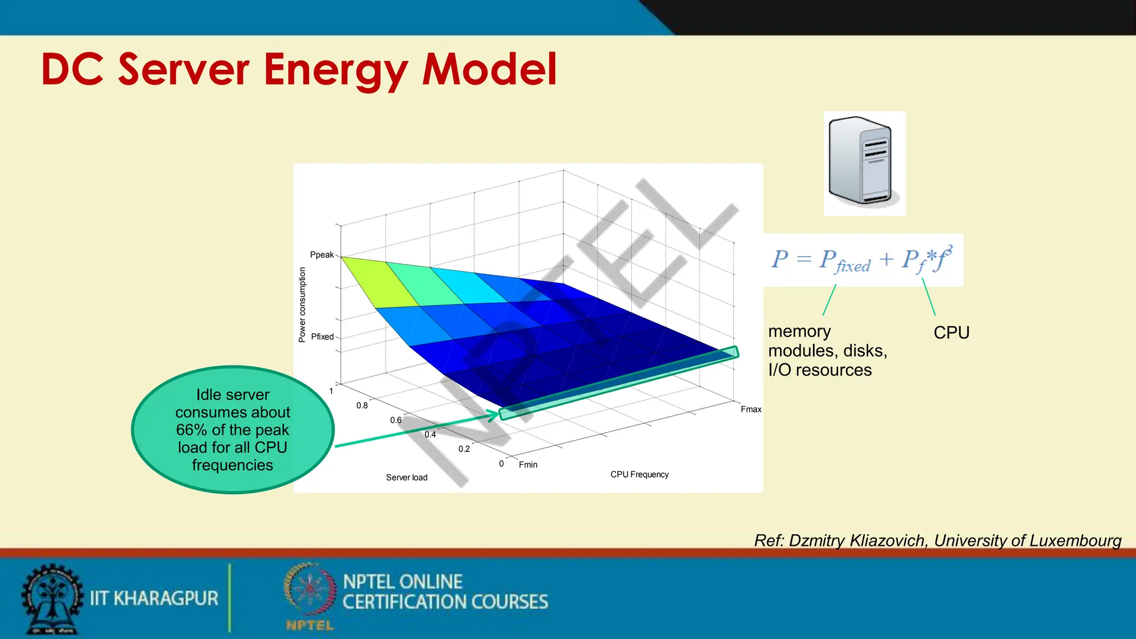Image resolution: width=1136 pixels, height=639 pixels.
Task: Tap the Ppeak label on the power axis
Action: pos(322,255)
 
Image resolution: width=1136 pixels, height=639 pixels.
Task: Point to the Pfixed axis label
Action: pos(322,337)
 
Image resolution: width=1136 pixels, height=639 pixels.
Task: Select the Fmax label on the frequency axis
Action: pos(750,409)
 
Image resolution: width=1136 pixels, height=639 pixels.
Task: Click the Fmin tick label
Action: pos(528,465)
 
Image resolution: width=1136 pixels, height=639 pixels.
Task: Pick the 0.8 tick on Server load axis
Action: pos(362,405)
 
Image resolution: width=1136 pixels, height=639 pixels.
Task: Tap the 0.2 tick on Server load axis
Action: pos(464,449)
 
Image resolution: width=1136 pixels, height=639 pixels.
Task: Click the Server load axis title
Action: pos(407,478)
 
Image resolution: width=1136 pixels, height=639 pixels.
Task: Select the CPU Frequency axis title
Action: pos(639,475)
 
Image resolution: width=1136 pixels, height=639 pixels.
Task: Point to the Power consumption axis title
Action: pos(302,305)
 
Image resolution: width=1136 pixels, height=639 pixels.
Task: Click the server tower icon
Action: pos(863,163)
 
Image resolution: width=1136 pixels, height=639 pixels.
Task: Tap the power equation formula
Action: pos(863,260)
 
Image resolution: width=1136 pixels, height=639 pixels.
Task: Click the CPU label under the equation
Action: pos(951,333)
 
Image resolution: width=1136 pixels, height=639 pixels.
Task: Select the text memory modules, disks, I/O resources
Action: pos(827,351)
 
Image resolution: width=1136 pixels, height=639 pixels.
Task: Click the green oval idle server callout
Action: pos(232,429)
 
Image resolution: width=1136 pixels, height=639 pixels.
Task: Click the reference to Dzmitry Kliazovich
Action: pos(937,540)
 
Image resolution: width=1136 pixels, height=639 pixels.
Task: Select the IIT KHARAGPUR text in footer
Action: pos(154,599)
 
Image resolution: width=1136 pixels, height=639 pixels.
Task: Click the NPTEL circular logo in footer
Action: pos(310,590)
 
